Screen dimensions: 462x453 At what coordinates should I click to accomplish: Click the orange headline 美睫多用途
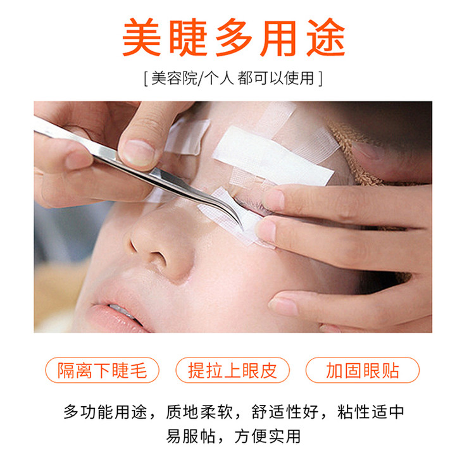coord(234,37)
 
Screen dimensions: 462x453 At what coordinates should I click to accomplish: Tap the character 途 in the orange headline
coord(325,37)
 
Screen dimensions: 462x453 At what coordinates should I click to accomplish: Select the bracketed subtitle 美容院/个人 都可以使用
coord(233,78)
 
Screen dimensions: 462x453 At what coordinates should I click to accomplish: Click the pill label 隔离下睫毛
coord(102,370)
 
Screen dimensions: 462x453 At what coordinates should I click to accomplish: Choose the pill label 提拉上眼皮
coord(232,370)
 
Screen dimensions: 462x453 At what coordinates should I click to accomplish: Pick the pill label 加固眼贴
coord(363,370)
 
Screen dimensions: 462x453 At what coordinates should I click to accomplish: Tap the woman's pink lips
coord(113,316)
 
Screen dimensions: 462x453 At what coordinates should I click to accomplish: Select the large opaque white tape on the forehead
coord(273,157)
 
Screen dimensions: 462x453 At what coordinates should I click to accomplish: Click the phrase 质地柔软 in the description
coord(199,412)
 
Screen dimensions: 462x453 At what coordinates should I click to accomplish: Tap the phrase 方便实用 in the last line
coord(268,436)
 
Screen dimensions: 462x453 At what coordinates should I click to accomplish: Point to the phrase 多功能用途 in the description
coord(105,412)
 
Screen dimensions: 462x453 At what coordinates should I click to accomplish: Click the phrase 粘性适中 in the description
coord(370,412)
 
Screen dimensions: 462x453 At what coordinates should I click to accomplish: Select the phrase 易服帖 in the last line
coord(190,436)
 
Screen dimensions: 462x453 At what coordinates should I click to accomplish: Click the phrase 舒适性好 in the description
coord(285,412)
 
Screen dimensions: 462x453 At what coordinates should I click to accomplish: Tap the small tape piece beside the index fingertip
coord(188,136)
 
